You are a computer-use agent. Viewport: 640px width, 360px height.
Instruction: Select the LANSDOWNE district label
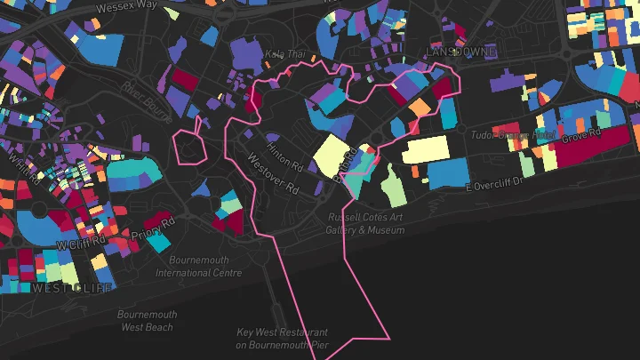tap(460, 52)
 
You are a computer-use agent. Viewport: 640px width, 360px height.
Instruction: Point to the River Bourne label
tap(146, 98)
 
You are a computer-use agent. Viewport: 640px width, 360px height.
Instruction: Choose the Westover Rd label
tap(272, 176)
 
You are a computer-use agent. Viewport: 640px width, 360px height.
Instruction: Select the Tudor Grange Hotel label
tap(513, 135)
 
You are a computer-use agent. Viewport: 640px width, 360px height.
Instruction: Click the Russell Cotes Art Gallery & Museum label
tap(364, 222)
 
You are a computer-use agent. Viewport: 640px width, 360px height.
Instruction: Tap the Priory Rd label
tap(154, 229)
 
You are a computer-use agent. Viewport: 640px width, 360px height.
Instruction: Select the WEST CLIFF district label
tap(72, 288)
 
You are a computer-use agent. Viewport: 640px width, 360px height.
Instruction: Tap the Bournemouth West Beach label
tap(148, 321)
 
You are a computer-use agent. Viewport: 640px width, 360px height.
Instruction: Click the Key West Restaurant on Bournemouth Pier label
tap(283, 338)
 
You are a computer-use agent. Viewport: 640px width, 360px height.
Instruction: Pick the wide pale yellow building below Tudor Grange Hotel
tap(437, 151)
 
